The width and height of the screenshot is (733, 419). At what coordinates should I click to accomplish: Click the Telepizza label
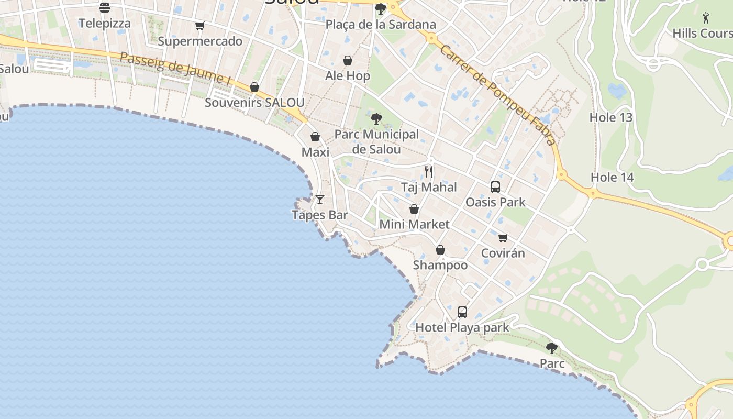click(x=105, y=23)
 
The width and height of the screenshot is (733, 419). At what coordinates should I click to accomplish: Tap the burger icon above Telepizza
click(x=105, y=7)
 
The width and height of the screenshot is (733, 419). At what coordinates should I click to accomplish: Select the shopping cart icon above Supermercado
click(x=199, y=26)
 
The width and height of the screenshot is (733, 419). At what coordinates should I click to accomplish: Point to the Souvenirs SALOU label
click(x=254, y=103)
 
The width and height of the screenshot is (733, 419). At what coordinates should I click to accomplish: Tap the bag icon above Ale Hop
click(x=347, y=61)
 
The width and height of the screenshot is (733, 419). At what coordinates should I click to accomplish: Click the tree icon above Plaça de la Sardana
click(x=381, y=9)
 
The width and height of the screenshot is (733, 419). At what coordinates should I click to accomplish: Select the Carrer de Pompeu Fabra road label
click(x=497, y=95)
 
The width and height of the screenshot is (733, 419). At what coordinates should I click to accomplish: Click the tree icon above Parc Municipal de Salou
click(x=376, y=118)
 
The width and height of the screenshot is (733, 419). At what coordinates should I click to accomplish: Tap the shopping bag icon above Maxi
click(x=315, y=137)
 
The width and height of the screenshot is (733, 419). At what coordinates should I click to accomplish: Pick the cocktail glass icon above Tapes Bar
click(x=320, y=200)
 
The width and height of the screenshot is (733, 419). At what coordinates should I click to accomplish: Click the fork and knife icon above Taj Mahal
click(x=429, y=171)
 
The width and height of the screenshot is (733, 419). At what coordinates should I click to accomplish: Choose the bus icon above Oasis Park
click(x=495, y=186)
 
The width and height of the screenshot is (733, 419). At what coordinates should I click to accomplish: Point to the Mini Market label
click(x=414, y=225)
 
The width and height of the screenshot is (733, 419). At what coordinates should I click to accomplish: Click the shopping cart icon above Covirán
click(x=503, y=238)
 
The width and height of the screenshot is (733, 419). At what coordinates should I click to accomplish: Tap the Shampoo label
click(x=440, y=265)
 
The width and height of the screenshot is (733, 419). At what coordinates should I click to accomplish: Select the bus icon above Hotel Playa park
click(x=462, y=312)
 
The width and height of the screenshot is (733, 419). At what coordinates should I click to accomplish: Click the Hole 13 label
click(x=611, y=117)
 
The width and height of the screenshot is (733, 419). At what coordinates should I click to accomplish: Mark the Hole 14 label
click(x=612, y=178)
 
